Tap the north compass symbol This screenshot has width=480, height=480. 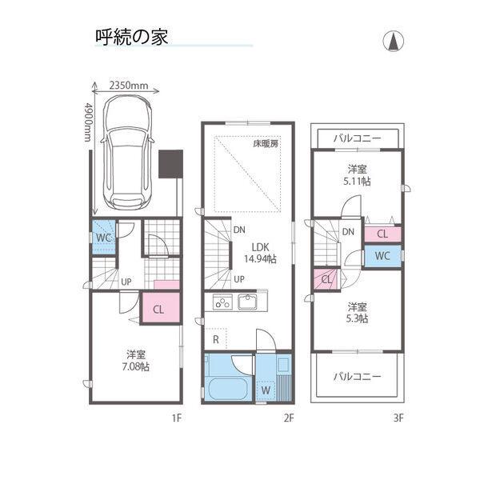(394, 41)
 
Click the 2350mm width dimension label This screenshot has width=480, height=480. (130, 84)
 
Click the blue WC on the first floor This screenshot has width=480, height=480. (102, 238)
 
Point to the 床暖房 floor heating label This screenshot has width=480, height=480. (266, 145)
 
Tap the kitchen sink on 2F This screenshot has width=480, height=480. (248, 302)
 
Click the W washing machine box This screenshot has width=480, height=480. (266, 390)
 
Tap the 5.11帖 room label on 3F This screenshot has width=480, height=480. (357, 175)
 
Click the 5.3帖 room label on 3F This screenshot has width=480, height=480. (357, 312)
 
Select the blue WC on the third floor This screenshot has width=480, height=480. (382, 257)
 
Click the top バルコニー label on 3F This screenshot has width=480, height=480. (357, 138)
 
